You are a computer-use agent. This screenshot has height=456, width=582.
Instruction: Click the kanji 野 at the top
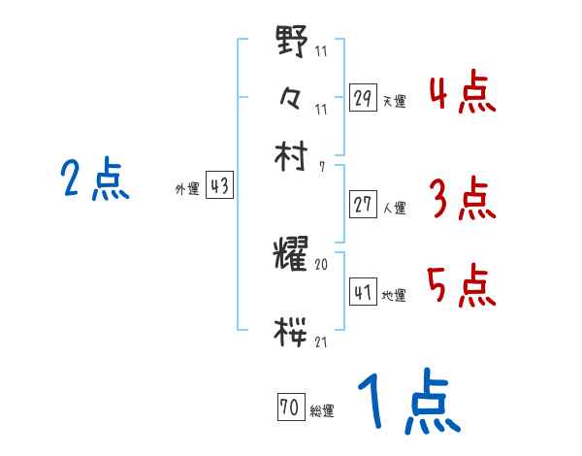[x=292, y=43]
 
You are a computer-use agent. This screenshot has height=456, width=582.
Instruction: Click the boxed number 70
[x=289, y=408]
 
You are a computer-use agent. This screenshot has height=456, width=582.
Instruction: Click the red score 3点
[x=462, y=199]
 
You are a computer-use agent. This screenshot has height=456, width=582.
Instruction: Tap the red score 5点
[x=462, y=285]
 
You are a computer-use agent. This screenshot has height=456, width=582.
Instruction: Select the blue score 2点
[x=95, y=179]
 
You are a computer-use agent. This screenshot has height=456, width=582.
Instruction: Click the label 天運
[x=394, y=100]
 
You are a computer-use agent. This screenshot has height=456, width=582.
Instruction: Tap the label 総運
[x=322, y=411]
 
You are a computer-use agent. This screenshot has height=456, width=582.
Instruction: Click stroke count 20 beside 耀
[x=322, y=264]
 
